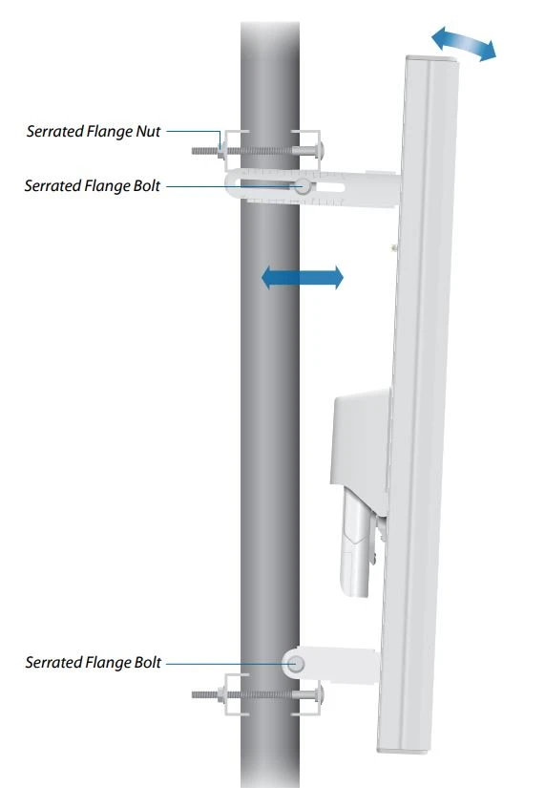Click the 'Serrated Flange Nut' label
[x=94, y=132]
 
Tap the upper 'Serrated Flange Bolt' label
[x=93, y=186]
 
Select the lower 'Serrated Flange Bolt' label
[x=94, y=662]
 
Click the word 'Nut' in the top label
[x=148, y=132]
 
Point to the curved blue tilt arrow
[x=464, y=44]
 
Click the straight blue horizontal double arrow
[x=303, y=277]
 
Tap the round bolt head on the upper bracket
[x=303, y=187]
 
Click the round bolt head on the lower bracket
[x=296, y=664]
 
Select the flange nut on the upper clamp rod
[x=222, y=150]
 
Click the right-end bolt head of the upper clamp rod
[x=318, y=150]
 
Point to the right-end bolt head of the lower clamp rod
[x=318, y=694]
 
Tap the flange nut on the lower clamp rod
[x=222, y=694]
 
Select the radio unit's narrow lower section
[x=356, y=543]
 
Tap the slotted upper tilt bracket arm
[x=311, y=187]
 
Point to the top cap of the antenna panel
[x=432, y=60]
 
